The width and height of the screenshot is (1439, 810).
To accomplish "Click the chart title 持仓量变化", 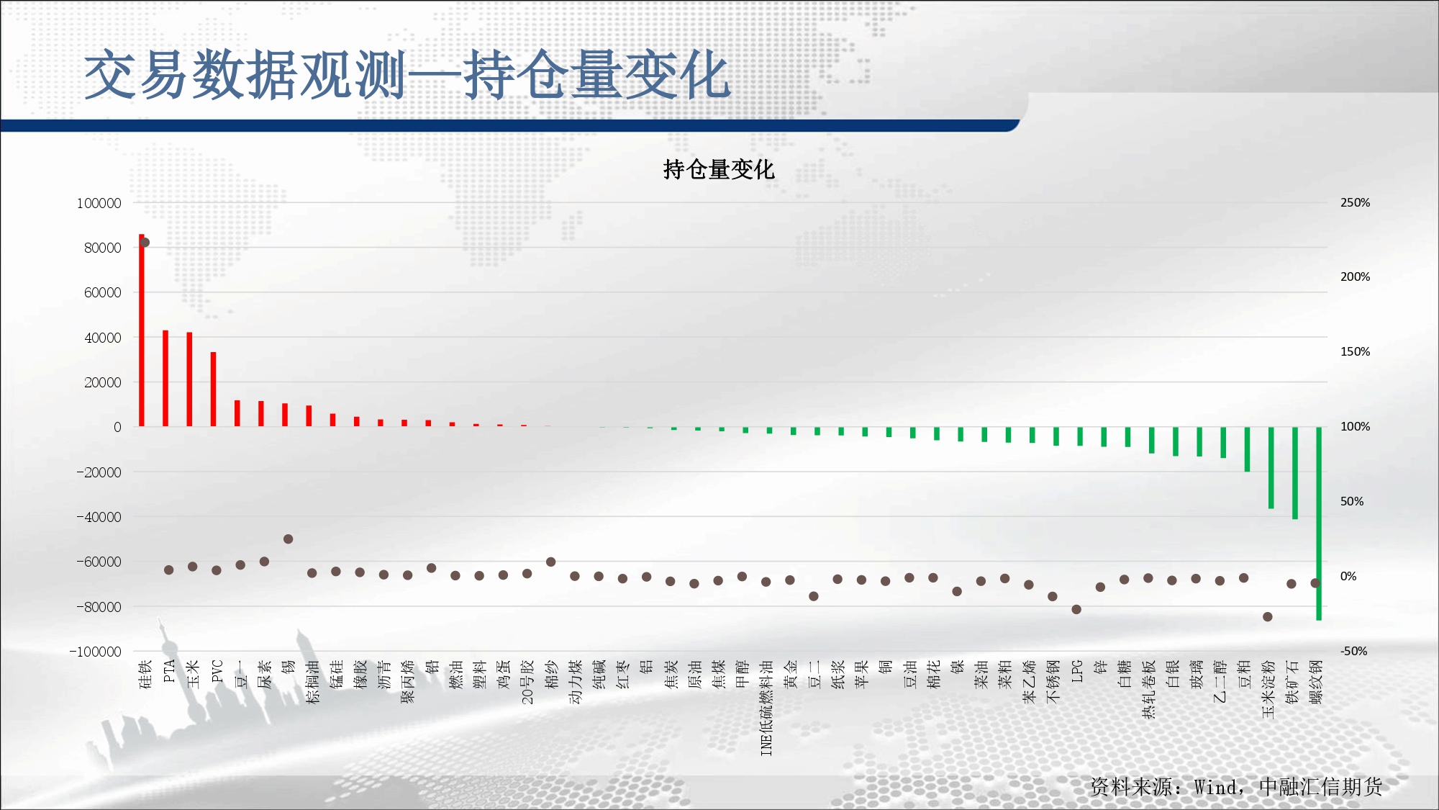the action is pyautogui.click(x=718, y=169).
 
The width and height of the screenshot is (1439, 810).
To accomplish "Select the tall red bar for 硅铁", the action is pyautogui.click(x=142, y=330).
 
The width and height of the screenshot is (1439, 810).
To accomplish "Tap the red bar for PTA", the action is pyautogui.click(x=165, y=379).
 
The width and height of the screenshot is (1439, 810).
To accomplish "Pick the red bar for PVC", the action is pyautogui.click(x=213, y=390).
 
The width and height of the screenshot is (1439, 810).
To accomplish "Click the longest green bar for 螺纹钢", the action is pyautogui.click(x=1319, y=523).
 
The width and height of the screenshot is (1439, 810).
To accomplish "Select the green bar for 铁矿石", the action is pyautogui.click(x=1295, y=473).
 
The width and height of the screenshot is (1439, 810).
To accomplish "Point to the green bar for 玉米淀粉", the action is pyautogui.click(x=1271, y=468).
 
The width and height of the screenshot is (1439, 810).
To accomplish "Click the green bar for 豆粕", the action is pyautogui.click(x=1247, y=449).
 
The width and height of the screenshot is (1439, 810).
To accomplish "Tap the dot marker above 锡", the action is pyautogui.click(x=288, y=539).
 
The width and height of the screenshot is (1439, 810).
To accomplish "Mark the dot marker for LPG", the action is pyautogui.click(x=1076, y=609).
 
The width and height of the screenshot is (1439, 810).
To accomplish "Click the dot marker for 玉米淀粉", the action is pyautogui.click(x=1268, y=616).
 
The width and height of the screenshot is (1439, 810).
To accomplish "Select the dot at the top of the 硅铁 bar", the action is pyautogui.click(x=145, y=242).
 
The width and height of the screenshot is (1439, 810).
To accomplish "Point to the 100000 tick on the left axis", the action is pyautogui.click(x=99, y=203).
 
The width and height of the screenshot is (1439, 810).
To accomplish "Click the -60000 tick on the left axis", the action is pyautogui.click(x=99, y=562).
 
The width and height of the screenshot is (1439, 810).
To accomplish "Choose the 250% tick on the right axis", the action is pyautogui.click(x=1355, y=203).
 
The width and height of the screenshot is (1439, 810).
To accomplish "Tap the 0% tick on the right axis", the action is pyautogui.click(x=1348, y=576).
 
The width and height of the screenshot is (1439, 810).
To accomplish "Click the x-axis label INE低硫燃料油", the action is pyautogui.click(x=766, y=708).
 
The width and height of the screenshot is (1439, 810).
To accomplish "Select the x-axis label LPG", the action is pyautogui.click(x=1077, y=671).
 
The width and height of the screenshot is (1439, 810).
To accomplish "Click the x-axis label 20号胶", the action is pyautogui.click(x=527, y=682).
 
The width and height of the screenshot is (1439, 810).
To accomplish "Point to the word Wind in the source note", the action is pyautogui.click(x=1216, y=787).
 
